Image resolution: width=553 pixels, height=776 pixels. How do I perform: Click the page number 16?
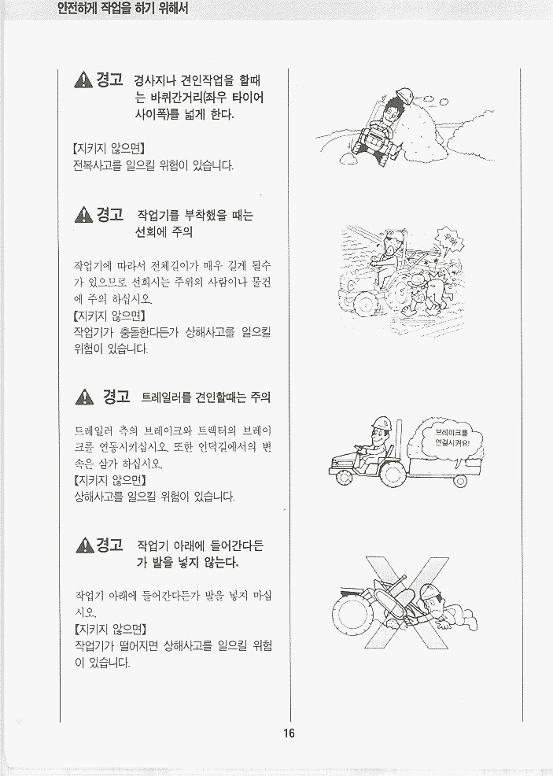[289, 733]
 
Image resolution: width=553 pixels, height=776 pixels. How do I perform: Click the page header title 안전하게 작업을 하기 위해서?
[123, 9]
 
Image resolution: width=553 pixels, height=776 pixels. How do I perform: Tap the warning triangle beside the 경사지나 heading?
[83, 79]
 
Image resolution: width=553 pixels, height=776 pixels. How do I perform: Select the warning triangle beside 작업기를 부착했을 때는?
[83, 215]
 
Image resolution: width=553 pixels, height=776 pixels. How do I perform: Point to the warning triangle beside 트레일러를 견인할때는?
[85, 397]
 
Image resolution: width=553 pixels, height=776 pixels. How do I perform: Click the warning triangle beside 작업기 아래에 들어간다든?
[85, 545]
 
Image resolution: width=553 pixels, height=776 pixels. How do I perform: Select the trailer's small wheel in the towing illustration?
[460, 481]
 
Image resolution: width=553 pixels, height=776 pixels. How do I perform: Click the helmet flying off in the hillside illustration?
[404, 95]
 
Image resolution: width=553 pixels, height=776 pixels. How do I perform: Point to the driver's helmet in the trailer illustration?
[382, 423]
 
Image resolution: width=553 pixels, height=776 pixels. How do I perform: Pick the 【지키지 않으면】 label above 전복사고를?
[109, 148]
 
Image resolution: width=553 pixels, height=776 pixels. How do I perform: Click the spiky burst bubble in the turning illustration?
[448, 242]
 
